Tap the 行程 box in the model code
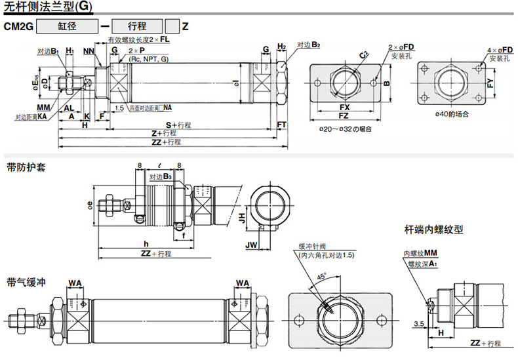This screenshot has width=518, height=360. click(137, 27)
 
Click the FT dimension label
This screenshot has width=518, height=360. click(282, 125)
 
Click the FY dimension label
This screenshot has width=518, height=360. click(490, 83)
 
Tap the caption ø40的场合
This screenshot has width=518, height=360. click(452, 115)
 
